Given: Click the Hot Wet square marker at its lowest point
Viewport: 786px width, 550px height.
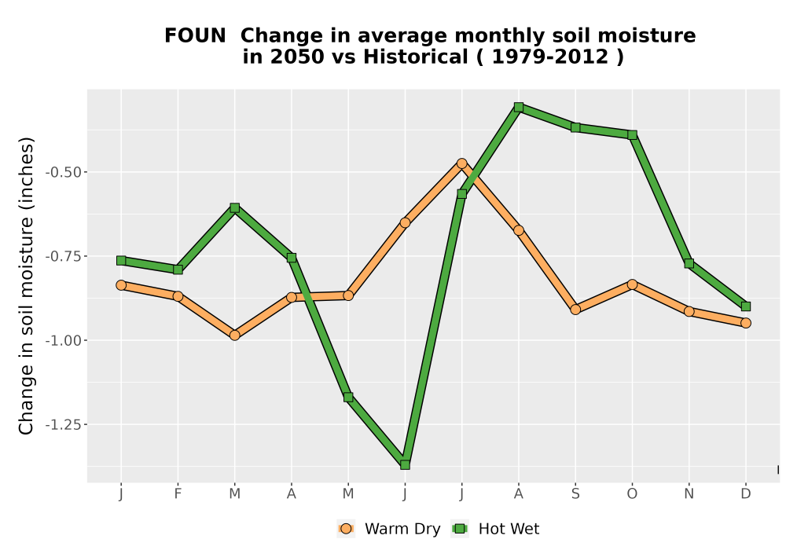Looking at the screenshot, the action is [405, 465].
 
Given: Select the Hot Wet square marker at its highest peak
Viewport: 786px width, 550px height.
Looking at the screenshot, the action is [519, 107].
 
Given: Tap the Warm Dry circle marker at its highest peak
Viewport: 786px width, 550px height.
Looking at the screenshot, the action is [461, 163].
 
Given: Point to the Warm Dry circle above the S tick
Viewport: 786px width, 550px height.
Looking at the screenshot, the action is [575, 310].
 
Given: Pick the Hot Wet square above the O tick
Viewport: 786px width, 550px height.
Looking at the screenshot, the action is [632, 134].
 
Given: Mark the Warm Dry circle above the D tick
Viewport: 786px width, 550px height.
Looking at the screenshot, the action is [746, 323].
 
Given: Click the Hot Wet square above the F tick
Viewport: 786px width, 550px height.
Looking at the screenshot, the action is [178, 269].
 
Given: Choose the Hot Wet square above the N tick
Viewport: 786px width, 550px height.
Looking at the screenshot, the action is [689, 263].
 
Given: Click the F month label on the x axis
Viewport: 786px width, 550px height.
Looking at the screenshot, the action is [178, 494].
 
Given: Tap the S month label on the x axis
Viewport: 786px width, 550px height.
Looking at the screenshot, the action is [575, 494].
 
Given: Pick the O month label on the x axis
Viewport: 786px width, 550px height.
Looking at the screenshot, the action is [632, 494].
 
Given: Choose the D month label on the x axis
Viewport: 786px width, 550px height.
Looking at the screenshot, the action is [746, 494].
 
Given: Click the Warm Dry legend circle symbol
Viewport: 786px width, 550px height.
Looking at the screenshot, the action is [345, 529].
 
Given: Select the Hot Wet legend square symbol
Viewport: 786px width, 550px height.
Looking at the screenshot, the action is [460, 529].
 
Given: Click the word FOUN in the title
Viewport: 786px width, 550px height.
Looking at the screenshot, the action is [196, 35].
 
